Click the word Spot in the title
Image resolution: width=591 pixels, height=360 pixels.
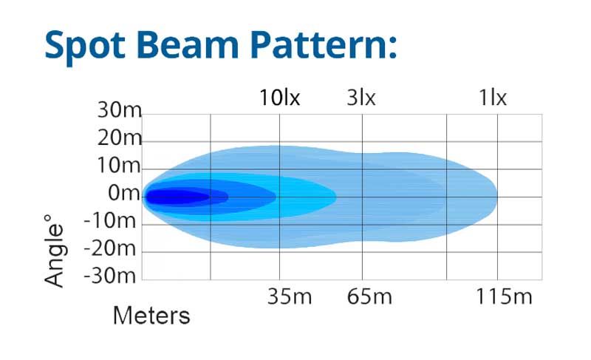(85, 46)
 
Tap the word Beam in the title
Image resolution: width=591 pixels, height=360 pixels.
(188, 44)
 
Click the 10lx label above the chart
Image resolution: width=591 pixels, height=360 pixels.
(280, 98)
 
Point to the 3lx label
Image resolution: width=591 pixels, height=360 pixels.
(361, 98)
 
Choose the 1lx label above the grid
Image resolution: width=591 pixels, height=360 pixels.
(493, 98)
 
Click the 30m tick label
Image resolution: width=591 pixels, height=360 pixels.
(119, 110)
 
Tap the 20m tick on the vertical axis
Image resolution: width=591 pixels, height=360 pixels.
(119, 138)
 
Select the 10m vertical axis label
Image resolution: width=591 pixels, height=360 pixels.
(119, 166)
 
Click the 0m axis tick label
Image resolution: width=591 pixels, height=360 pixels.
(124, 193)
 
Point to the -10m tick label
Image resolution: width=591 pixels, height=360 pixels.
(109, 220)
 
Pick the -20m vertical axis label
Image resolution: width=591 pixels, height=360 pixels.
(109, 248)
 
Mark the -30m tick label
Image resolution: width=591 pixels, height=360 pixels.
(109, 276)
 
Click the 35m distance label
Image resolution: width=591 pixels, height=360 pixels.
(290, 296)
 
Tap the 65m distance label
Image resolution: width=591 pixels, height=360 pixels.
(369, 296)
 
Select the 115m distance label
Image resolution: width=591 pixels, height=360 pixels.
(504, 296)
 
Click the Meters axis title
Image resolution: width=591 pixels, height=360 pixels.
(151, 316)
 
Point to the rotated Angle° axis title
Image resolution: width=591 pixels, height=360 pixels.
(54, 251)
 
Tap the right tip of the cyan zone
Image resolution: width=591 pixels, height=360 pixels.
(336, 197)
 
